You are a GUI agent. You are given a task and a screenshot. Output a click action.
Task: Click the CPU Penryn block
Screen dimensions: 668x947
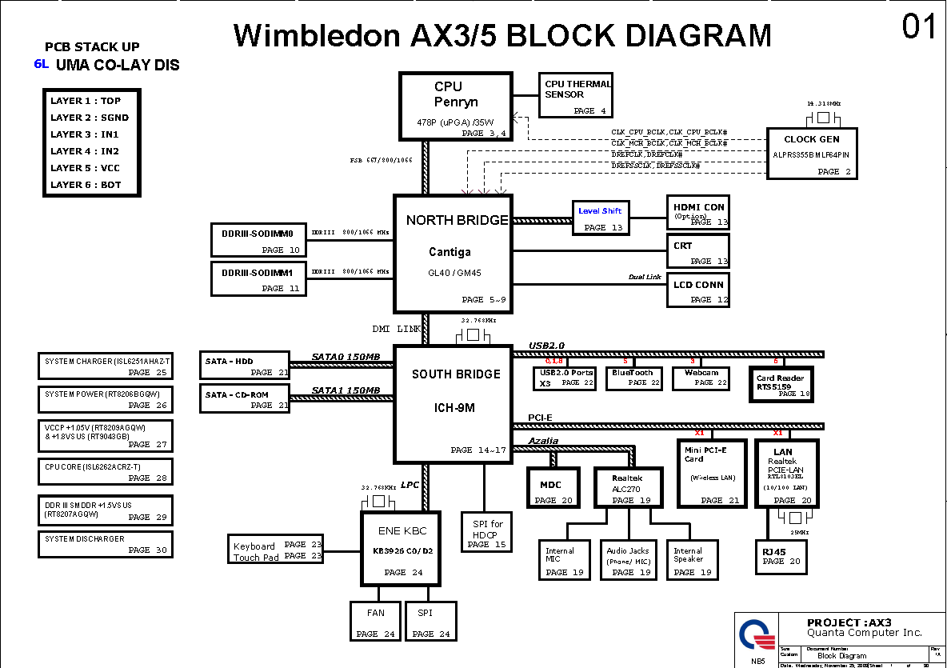pos(455,106)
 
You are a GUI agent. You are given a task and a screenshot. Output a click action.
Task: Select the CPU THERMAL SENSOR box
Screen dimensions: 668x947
pos(577,97)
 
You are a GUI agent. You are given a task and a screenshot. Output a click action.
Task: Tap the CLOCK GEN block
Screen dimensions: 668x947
pos(812,154)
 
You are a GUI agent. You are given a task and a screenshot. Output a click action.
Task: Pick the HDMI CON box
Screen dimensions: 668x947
pos(698,213)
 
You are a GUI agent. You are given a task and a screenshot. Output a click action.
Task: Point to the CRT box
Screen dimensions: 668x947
pos(698,251)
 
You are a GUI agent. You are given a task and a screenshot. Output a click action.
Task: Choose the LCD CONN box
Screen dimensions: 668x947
pos(698,290)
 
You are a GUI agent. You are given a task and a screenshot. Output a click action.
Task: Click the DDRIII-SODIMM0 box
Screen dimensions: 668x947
pos(258,239)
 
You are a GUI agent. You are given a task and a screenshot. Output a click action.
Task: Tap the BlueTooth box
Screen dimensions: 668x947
pos(633,378)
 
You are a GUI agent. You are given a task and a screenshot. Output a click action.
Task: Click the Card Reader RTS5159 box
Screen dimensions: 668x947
pos(781,384)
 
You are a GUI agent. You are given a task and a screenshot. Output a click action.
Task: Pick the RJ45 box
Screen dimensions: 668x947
pos(781,556)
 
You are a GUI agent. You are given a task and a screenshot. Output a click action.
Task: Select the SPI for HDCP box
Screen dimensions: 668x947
pos(484,532)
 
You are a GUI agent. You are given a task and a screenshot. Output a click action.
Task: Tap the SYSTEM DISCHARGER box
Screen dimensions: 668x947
pos(105,544)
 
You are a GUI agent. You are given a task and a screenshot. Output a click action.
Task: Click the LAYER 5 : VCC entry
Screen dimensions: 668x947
pos(86,168)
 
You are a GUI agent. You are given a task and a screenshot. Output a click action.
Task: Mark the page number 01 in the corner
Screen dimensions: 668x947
pos(919,27)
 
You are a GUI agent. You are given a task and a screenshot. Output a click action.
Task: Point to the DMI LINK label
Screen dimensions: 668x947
pos(396,329)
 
